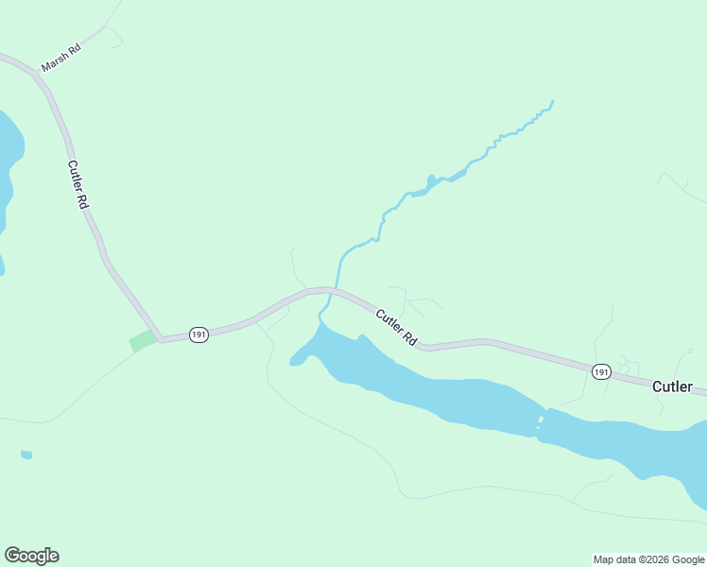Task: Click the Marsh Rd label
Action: coord(61,58)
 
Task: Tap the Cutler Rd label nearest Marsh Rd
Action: coord(78,184)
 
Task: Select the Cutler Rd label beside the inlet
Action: coord(396,327)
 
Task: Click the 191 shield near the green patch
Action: coord(198,335)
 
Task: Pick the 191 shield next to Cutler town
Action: coord(601,372)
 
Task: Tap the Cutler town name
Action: coord(672,387)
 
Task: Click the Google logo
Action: coord(31,556)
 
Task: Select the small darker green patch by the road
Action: coord(144,340)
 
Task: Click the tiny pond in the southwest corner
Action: coord(26,455)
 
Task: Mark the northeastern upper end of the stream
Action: coord(552,101)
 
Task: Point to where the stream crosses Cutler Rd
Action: coord(334,289)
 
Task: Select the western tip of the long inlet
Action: coord(292,362)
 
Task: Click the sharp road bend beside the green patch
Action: coord(161,338)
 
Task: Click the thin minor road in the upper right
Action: coord(682,188)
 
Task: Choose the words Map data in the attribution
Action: coord(613,559)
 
